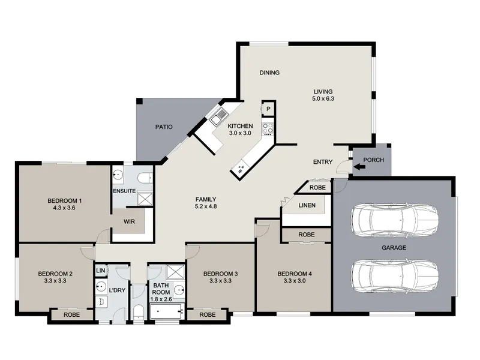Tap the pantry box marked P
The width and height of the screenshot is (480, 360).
click(268, 109)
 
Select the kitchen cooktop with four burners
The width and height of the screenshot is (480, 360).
click(268, 128)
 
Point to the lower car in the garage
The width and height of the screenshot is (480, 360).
click(395, 276)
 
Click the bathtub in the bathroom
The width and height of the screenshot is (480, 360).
click(167, 311)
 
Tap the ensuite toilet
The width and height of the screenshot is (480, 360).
click(145, 178)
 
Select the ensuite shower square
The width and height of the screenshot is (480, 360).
click(145, 199)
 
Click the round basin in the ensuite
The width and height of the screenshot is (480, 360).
click(118, 175)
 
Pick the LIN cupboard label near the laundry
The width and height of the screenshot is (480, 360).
click(100, 271)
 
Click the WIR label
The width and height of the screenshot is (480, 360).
click(129, 221)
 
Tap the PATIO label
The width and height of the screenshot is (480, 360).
click(164, 127)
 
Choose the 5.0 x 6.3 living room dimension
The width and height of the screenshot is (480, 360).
click(323, 98)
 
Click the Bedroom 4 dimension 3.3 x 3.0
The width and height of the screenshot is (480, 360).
click(295, 281)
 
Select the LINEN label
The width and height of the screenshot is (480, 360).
click(307, 205)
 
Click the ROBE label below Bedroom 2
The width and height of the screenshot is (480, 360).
click(71, 314)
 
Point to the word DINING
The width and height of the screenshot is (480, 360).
click(269, 73)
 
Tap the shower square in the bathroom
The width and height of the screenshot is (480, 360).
click(175, 272)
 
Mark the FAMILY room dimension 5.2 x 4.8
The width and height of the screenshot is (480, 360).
click(206, 206)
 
